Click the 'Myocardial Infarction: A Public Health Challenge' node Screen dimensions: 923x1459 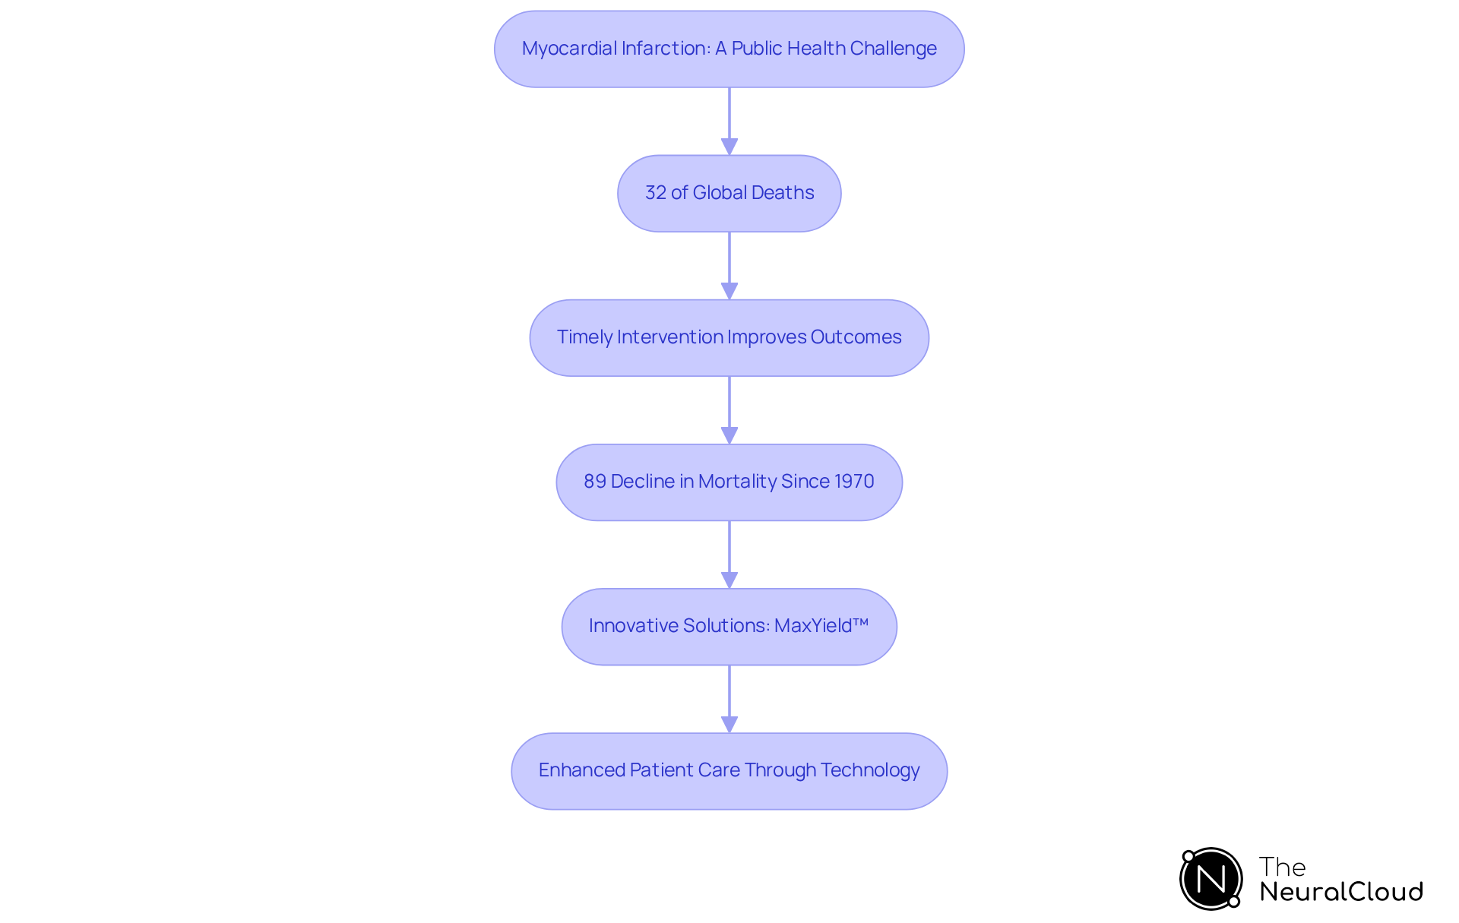pos(729,49)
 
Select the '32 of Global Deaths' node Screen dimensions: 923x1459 pos(729,193)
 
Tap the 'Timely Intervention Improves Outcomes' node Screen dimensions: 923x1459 pos(729,337)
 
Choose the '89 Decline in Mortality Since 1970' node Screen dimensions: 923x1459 pos(729,482)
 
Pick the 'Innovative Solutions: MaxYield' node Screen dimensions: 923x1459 pos(729,626)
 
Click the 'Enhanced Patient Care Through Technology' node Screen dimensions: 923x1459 pos(729,770)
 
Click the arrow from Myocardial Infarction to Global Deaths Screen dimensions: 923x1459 pos(729,121)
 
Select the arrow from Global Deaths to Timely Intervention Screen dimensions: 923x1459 pos(729,265)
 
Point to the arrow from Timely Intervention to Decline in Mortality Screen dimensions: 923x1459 pos(729,409)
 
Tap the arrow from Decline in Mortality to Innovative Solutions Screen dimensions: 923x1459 pos(729,554)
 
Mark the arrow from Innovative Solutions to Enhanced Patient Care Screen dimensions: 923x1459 pos(729,698)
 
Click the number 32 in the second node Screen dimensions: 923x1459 pos(655,193)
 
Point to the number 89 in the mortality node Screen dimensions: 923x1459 pos(594,482)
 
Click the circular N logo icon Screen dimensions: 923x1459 pos(1211,879)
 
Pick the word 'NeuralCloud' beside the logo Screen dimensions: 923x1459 pos(1341,892)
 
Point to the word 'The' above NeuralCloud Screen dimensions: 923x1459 pos(1282,867)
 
